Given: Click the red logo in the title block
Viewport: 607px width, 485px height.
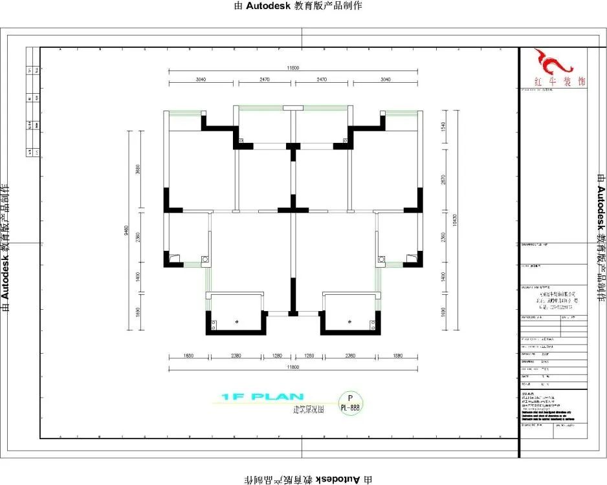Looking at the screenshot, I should (553, 62).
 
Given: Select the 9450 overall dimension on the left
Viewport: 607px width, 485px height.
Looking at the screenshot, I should (128, 230).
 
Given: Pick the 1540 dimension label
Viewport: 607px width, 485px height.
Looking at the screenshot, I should (443, 127).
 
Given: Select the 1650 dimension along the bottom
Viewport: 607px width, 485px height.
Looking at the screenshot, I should (188, 356).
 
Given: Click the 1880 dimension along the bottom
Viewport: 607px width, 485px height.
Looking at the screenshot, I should (396, 356).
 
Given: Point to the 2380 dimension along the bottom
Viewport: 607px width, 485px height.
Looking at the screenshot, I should (235, 356).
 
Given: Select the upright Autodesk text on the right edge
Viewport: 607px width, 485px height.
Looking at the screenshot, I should (600, 242).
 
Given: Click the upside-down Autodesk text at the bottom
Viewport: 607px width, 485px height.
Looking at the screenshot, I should (303, 479).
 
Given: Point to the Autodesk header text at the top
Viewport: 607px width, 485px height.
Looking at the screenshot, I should (303, 6).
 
